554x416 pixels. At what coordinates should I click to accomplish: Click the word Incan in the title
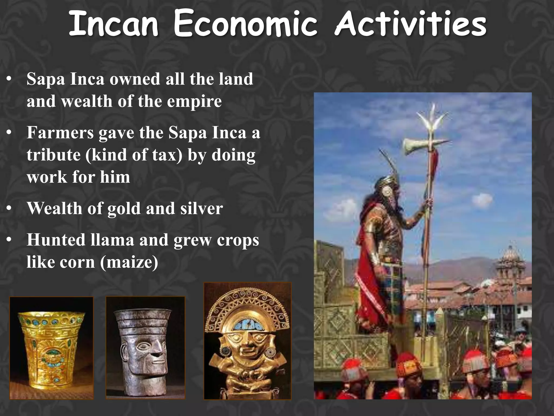click(114, 25)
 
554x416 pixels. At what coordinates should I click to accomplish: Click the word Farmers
click(60, 133)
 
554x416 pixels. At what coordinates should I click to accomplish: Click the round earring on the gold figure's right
click(270, 352)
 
